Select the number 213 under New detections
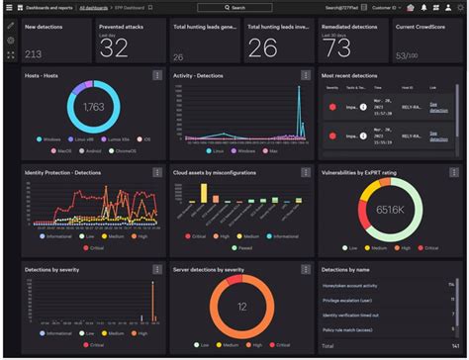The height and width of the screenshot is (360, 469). coord(33,54)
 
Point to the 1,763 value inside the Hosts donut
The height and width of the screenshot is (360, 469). coord(93,107)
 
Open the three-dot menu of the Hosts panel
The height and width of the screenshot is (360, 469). coord(156,75)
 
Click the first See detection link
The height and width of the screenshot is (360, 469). coord(433,105)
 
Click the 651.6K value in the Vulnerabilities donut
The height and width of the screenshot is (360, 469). coord(390,210)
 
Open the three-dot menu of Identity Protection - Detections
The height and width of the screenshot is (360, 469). coord(156,173)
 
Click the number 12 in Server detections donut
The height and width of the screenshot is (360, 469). coord(241,307)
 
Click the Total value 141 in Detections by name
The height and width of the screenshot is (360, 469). coord(451,346)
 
